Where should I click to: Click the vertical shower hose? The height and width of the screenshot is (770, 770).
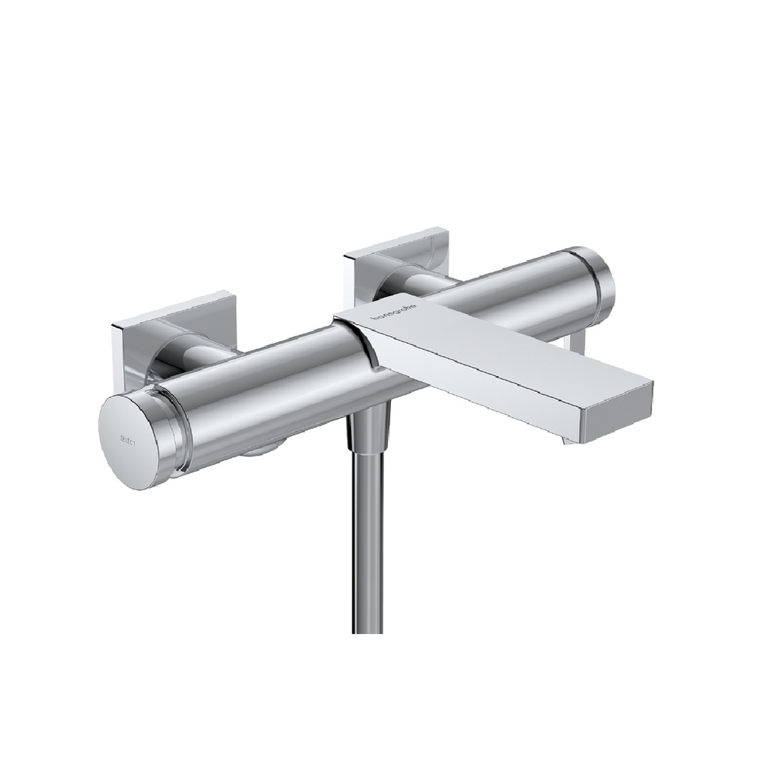coord(367,541)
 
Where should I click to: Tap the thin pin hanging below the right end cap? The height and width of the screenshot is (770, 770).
coord(578,342)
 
